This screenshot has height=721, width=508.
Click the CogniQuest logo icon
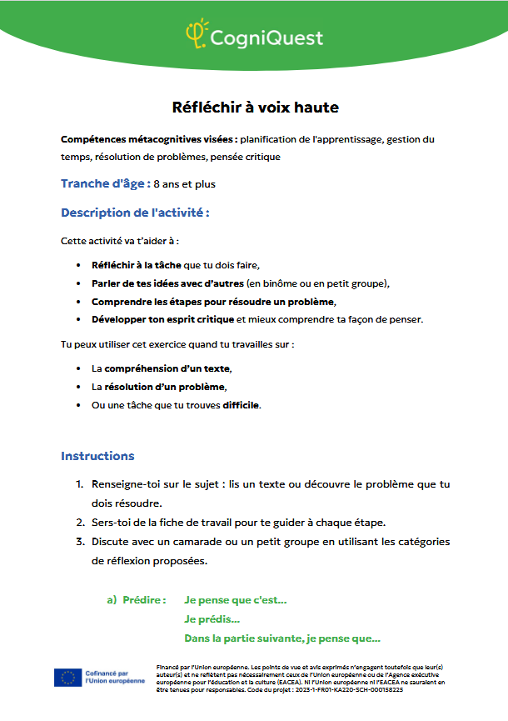196,33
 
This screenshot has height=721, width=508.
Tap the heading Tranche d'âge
106,183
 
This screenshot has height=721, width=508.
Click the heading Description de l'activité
134,213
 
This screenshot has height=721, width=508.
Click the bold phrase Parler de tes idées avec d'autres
167,283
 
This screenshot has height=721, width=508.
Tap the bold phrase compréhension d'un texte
167,368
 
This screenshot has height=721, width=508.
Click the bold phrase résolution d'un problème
164,387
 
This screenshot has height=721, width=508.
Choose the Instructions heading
97,456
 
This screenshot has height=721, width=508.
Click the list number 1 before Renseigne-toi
80,484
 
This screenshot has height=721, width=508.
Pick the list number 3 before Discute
80,542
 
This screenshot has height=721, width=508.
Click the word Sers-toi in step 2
110,523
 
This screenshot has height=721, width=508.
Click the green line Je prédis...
212,618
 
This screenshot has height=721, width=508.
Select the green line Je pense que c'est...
236,599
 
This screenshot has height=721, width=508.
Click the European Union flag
67,677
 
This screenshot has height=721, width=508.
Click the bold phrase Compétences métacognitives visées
148,139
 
